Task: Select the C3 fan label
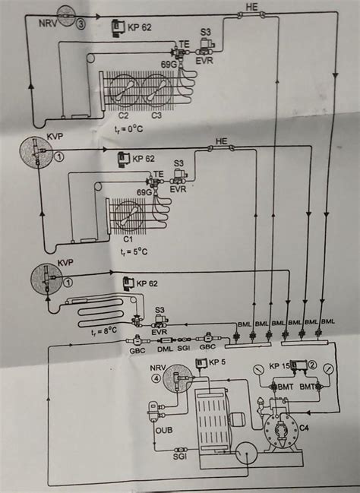point(156,116)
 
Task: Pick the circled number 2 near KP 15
point(311,365)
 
